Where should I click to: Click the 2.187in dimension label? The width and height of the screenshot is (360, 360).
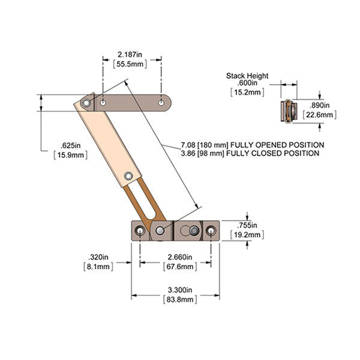pos(131,54)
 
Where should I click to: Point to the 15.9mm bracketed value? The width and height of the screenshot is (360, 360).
pos(70,155)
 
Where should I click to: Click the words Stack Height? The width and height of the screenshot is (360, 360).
pos(247,76)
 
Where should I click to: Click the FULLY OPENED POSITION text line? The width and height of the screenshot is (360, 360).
pos(252,145)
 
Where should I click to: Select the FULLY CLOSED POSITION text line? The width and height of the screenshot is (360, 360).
pos(250,154)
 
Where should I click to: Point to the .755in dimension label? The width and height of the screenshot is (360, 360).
pos(248,226)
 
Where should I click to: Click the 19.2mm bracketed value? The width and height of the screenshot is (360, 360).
pos(248,235)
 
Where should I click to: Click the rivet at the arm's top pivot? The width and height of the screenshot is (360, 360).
pos(86,104)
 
